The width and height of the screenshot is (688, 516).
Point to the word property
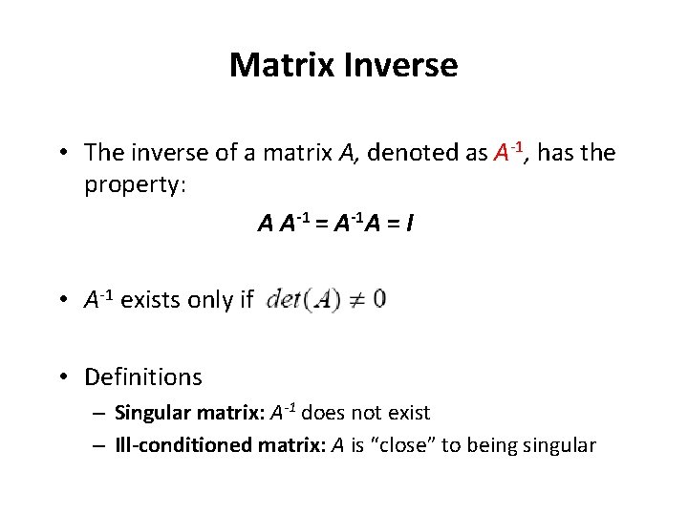point(135,184)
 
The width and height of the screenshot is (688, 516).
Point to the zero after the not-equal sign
point(379,300)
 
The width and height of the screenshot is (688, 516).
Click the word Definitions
point(143,377)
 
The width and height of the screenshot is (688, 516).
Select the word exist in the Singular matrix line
point(410,414)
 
